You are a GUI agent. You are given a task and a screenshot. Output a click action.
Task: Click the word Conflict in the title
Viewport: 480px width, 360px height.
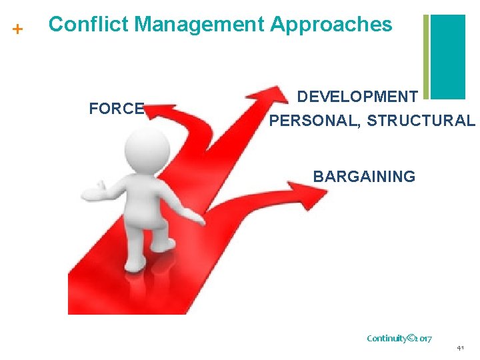pos(89,25)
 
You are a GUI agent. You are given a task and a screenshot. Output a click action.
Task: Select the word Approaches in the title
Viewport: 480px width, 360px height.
pos(331,25)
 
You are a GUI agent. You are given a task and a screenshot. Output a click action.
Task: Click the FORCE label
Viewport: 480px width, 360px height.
pos(117,109)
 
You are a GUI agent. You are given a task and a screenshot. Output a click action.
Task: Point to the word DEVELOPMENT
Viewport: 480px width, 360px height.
pos(357,97)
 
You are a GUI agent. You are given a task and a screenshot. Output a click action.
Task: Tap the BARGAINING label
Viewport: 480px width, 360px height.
pos(364,177)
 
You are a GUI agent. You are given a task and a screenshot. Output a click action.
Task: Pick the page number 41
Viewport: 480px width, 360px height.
pos(461,349)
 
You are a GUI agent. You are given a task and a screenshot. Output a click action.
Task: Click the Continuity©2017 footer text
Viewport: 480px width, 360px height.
pos(399,338)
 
